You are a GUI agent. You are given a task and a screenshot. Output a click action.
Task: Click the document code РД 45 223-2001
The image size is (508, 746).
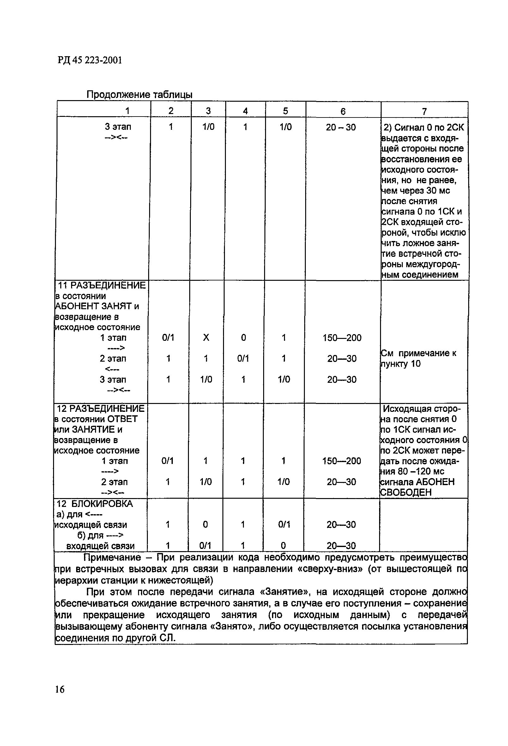pyautogui.click(x=90, y=60)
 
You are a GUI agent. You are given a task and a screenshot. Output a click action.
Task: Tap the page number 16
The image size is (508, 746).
pyautogui.click(x=60, y=689)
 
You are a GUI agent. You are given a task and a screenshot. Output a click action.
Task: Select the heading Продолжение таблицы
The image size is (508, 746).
pyautogui.click(x=139, y=94)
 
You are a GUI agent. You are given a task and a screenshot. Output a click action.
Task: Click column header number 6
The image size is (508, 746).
pyautogui.click(x=343, y=111)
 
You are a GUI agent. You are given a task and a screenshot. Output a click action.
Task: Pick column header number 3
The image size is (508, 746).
pyautogui.click(x=208, y=111)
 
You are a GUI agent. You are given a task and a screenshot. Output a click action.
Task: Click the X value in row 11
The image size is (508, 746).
pyautogui.click(x=206, y=337)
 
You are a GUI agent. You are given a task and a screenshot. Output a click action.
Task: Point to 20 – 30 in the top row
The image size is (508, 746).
pyautogui.click(x=341, y=127)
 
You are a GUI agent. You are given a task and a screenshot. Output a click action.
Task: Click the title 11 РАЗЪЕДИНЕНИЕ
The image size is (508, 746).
pyautogui.click(x=101, y=285)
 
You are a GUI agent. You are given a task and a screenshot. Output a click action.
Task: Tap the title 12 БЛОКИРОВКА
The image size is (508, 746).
pyautogui.click(x=95, y=504)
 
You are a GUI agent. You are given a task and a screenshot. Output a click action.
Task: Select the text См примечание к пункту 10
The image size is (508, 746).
pyautogui.click(x=418, y=358)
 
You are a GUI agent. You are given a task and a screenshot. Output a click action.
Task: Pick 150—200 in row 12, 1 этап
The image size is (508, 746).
pyautogui.click(x=342, y=461)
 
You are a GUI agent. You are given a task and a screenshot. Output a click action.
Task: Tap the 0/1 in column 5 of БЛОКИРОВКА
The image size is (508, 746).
pyautogui.click(x=284, y=525)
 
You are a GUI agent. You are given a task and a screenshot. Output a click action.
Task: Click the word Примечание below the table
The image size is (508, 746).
pyautogui.click(x=112, y=557)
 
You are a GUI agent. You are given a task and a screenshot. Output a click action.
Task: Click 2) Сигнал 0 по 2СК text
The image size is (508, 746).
pyautogui.click(x=424, y=127)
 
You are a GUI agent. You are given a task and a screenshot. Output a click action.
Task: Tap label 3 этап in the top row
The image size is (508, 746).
pyautogui.click(x=118, y=127)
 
